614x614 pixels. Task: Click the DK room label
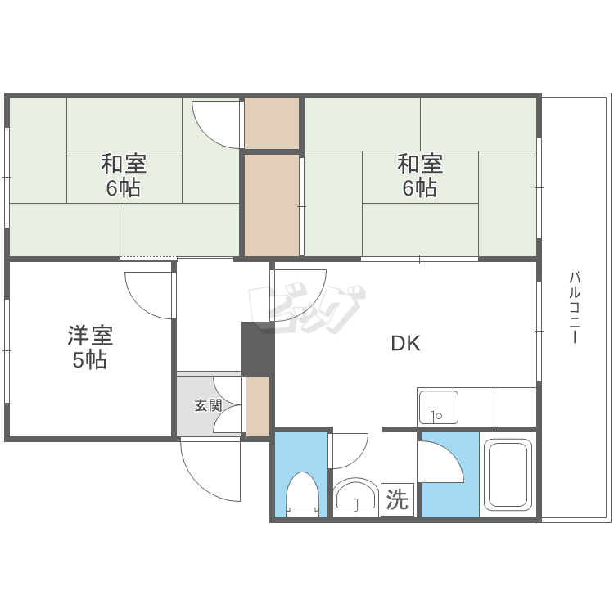(x=405, y=344)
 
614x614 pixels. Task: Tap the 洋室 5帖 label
(x=90, y=347)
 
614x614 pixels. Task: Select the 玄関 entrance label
(x=208, y=404)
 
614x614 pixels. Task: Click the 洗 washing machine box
(x=397, y=499)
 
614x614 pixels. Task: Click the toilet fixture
(x=301, y=494)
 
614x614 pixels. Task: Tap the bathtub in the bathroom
(x=508, y=474)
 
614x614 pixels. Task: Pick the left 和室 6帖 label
(x=124, y=175)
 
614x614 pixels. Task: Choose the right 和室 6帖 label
(x=420, y=175)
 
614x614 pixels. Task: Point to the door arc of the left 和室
(x=214, y=123)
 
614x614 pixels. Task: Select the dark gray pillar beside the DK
(x=257, y=349)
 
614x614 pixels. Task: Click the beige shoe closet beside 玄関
(x=258, y=406)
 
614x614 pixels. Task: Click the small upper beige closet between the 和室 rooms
(x=272, y=124)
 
